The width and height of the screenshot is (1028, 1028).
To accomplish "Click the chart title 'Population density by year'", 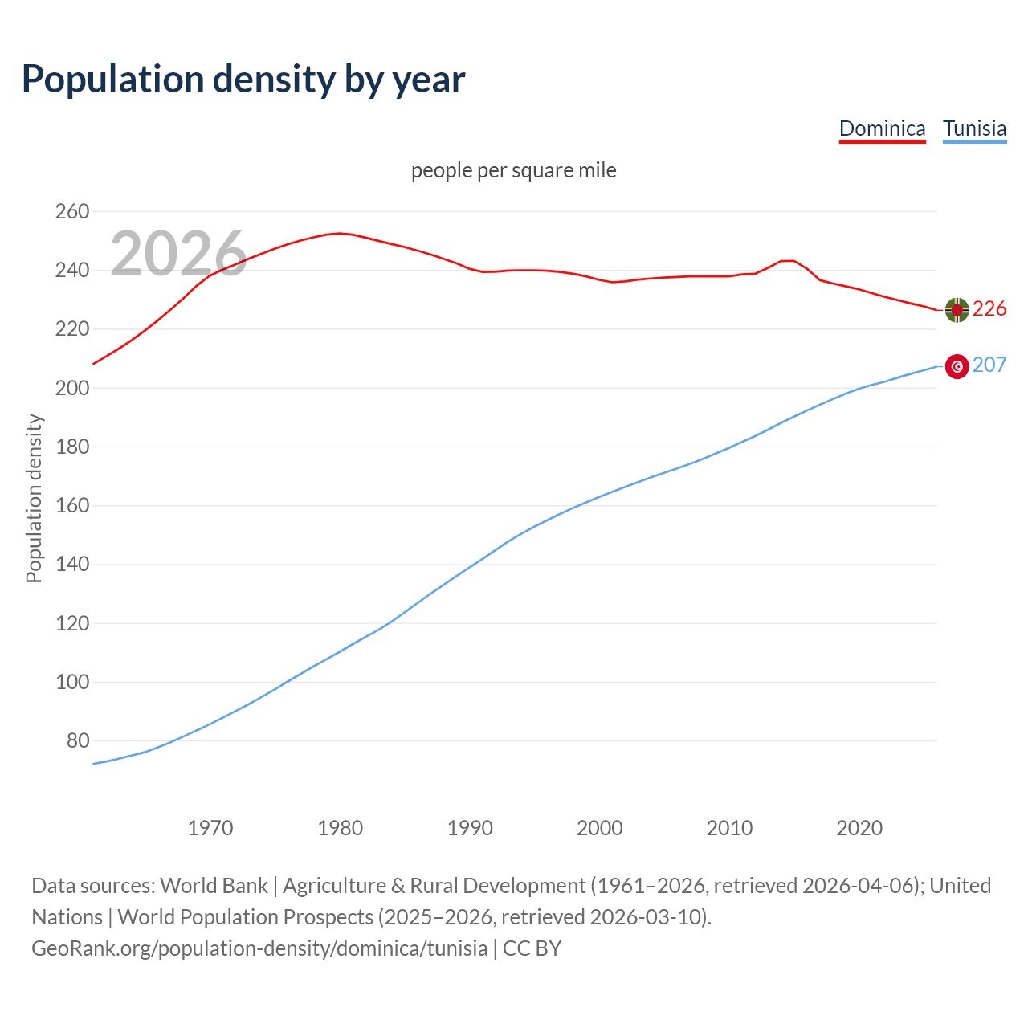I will [x=243, y=80].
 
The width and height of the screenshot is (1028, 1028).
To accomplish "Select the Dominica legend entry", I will [x=882, y=128].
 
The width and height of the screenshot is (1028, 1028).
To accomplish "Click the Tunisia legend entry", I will [x=974, y=128].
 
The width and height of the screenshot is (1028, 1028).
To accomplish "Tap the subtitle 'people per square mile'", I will [x=513, y=170].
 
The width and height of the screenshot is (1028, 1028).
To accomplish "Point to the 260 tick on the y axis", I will [x=71, y=212].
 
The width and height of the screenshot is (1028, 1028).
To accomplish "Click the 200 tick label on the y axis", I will [x=71, y=388].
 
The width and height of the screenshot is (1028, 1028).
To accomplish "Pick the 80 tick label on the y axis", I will [x=77, y=740].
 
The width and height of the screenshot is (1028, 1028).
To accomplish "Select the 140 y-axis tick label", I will [x=71, y=565].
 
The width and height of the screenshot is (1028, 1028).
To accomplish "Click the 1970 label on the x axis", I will [x=210, y=828].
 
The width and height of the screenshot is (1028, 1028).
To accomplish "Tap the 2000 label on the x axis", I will [x=600, y=828].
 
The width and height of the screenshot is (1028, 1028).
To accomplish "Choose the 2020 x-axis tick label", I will [x=859, y=828].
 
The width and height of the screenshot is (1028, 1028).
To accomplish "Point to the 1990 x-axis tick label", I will [x=470, y=828].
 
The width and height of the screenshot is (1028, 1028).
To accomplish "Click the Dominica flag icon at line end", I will [x=957, y=309].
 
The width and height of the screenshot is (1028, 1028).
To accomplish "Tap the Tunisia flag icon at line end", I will [x=957, y=366].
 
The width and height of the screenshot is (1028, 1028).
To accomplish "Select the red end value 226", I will [x=989, y=309].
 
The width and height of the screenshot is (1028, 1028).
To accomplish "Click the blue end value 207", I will [x=989, y=365].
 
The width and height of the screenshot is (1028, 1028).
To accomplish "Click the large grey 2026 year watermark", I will [x=178, y=254].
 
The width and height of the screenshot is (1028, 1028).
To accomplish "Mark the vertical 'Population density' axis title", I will [x=34, y=498].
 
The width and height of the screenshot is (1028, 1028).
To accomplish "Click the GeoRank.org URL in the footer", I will [x=259, y=948].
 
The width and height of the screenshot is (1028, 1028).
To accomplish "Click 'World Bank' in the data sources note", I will [x=214, y=886].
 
